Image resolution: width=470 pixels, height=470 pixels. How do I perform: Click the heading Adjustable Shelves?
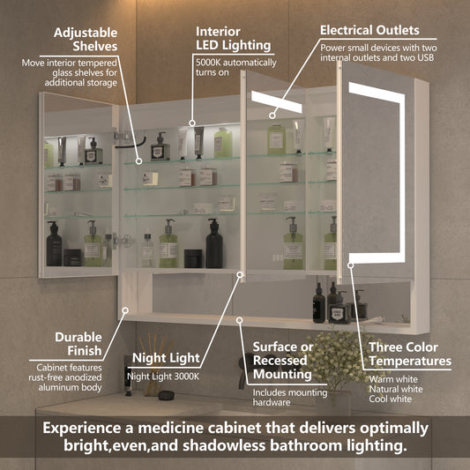[x=86, y=40]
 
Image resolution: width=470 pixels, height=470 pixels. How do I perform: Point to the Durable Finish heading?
[x=78, y=343]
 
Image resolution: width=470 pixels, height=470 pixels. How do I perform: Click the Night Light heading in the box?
[x=167, y=358]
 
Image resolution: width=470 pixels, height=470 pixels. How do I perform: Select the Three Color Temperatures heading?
[x=410, y=354]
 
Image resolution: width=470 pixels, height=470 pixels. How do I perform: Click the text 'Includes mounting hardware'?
[x=283, y=399]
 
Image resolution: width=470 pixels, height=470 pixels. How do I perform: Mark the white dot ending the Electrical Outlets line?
[x=272, y=114]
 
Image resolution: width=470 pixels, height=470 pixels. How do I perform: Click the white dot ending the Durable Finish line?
[x=127, y=310]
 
